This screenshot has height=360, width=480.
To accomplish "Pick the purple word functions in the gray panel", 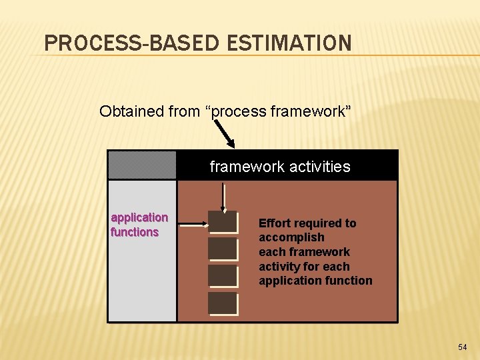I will [135, 232].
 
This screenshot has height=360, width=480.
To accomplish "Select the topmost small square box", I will [223, 222].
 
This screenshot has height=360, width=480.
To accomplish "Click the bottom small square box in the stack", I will [223, 303].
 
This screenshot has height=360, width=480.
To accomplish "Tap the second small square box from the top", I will [223, 249].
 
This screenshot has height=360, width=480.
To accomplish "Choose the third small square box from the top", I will [223, 276].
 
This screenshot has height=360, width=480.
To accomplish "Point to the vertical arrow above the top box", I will [224, 197].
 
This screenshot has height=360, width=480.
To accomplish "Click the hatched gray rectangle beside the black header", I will [142, 165].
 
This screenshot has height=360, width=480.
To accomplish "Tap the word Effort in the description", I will [273, 223].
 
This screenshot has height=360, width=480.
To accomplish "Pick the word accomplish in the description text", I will [291, 237].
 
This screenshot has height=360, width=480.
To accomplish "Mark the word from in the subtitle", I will [184, 111].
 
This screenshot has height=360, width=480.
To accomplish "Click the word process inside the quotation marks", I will [239, 111].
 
